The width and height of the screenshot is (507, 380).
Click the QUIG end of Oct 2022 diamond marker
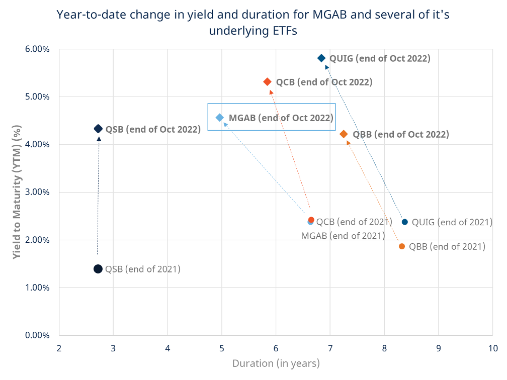tap(321, 58)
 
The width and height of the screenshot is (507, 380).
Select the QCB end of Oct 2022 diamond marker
tap(268, 82)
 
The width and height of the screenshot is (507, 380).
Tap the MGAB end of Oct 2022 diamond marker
tap(220, 118)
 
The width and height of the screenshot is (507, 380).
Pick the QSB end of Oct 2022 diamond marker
tap(99, 129)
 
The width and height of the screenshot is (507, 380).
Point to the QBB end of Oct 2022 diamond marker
tap(344, 134)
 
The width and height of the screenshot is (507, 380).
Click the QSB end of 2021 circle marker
tap(98, 269)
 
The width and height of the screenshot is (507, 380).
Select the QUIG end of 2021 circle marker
tap(405, 222)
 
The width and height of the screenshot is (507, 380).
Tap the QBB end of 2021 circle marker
tap(402, 246)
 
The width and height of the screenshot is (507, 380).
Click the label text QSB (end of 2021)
tap(142, 269)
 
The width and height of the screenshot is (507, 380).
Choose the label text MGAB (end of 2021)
tap(343, 235)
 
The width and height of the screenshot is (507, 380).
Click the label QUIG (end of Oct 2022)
tap(380, 58)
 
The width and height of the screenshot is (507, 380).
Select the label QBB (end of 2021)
tap(447, 246)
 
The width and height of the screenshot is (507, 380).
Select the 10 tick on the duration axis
tap(492, 348)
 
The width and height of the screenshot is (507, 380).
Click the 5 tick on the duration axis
tap(222, 348)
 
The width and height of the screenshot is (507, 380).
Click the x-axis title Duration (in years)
tap(276, 363)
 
